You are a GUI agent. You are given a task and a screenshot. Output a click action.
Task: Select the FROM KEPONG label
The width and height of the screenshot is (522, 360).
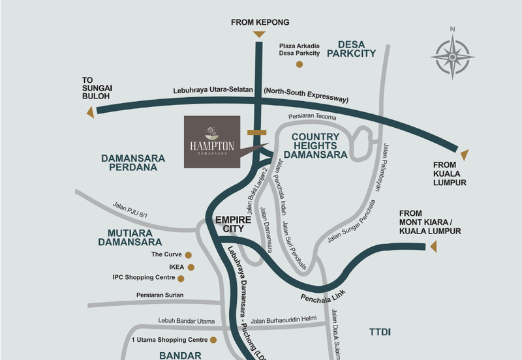(x=258, y=23)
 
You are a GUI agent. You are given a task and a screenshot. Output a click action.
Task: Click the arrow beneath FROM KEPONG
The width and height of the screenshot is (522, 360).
(x=259, y=34)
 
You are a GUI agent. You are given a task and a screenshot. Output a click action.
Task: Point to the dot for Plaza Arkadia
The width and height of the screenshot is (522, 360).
(x=299, y=64)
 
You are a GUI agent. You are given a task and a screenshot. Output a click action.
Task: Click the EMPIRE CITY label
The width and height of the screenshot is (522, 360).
(x=229, y=224)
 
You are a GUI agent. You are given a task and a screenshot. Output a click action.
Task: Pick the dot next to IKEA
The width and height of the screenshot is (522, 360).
(x=191, y=267)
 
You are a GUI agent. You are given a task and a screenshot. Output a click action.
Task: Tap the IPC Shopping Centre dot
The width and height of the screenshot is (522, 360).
(x=181, y=278)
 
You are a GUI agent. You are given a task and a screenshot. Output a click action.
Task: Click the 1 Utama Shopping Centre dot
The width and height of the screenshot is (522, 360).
(x=214, y=340)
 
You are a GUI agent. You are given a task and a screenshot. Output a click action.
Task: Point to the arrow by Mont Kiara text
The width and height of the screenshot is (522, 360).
(x=431, y=246)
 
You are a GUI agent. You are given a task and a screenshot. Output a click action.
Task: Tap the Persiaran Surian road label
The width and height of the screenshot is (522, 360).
(x=160, y=295)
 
